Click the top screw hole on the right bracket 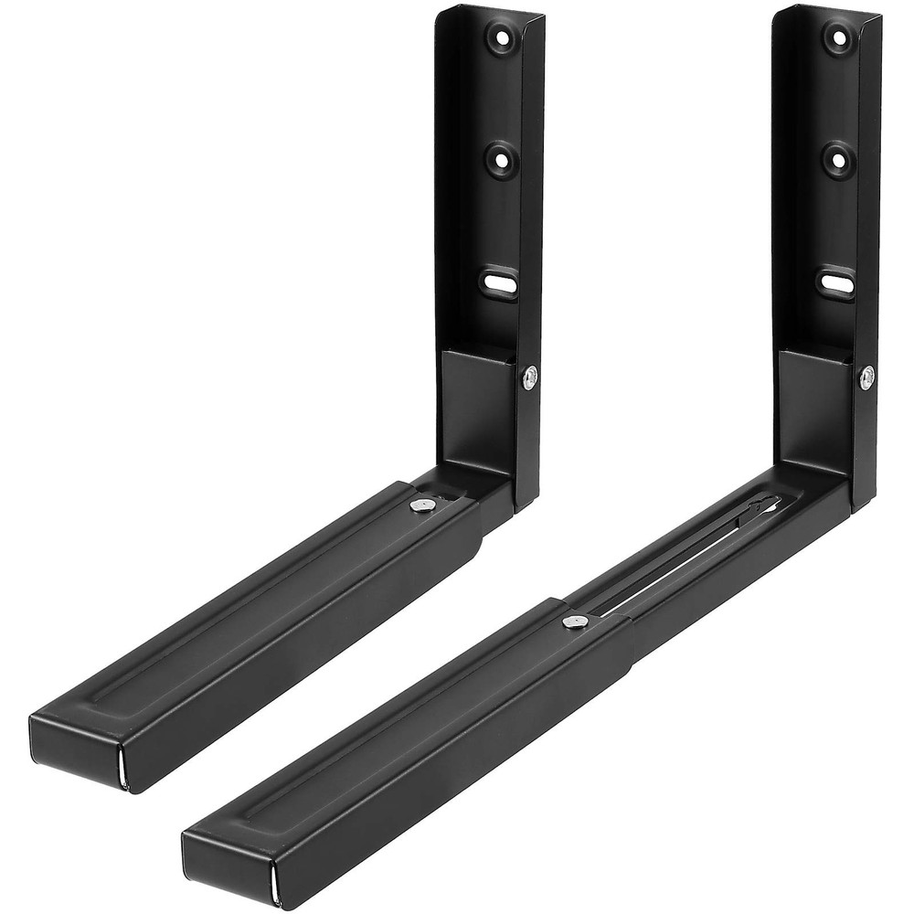pos(837,37)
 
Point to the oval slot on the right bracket pos(836,281)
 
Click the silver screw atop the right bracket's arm pos(573,621)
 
